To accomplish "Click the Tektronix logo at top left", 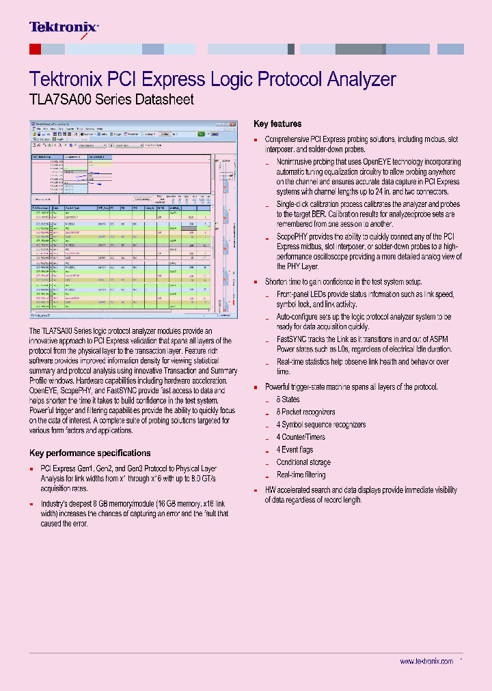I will pyautogui.click(x=64, y=28).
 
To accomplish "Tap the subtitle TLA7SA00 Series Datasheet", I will pyautogui.click(x=111, y=100).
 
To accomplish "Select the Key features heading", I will pyautogui.click(x=277, y=124).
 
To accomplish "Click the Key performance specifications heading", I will pyautogui.click(x=90, y=453).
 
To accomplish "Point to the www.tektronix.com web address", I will pyautogui.click(x=426, y=662).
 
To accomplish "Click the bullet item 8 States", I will pyautogui.click(x=288, y=399).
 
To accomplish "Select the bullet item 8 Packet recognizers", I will pyautogui.click(x=305, y=412).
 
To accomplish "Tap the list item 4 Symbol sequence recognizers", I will pyautogui.click(x=320, y=425).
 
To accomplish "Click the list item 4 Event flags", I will pyautogui.click(x=295, y=449).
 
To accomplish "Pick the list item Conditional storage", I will pyautogui.click(x=303, y=462).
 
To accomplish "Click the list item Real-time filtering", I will pyautogui.click(x=301, y=475).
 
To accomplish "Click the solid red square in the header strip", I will pyautogui.click(x=35, y=49).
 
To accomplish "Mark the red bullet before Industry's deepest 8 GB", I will pyautogui.click(x=31, y=504).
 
